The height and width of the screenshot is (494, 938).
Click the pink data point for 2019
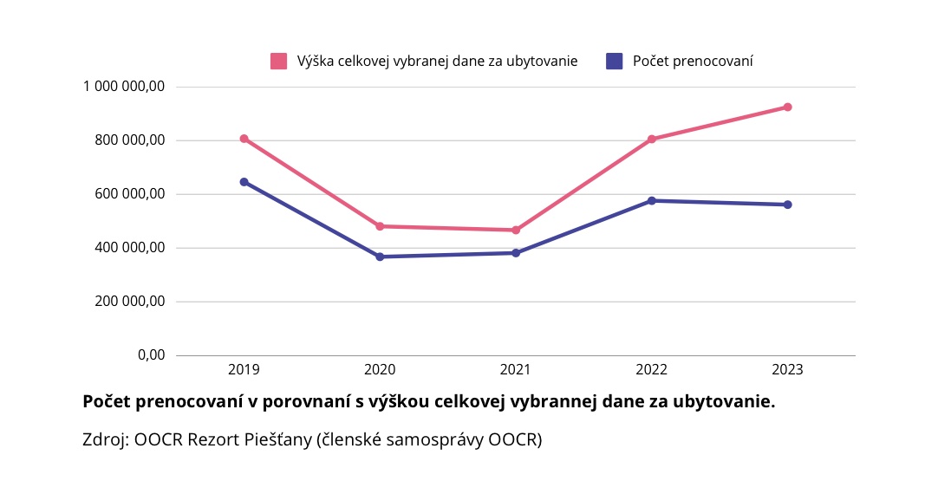coord(244,139)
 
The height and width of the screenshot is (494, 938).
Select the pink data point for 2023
coord(788,107)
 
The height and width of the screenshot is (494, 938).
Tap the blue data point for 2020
coord(380,257)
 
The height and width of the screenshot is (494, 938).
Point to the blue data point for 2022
coord(652,201)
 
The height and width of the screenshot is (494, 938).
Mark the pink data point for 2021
coord(516,231)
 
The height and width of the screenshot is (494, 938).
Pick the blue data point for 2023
coord(788,205)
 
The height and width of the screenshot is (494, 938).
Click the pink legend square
coord(278,61)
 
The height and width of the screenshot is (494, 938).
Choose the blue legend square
coord(615,61)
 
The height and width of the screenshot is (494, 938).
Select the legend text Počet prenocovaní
coord(693,61)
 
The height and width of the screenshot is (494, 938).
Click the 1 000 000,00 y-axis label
coord(124,86)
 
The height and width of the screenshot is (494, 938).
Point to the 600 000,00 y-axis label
coord(130,194)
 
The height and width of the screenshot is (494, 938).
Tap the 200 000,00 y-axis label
coord(130,302)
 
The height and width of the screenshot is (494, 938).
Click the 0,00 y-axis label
coord(151,355)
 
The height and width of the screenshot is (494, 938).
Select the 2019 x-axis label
coord(244,369)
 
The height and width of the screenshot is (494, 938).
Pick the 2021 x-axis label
coord(516,369)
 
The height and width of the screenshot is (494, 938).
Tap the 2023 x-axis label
coord(788,369)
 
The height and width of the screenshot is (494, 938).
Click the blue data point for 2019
coord(244,182)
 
